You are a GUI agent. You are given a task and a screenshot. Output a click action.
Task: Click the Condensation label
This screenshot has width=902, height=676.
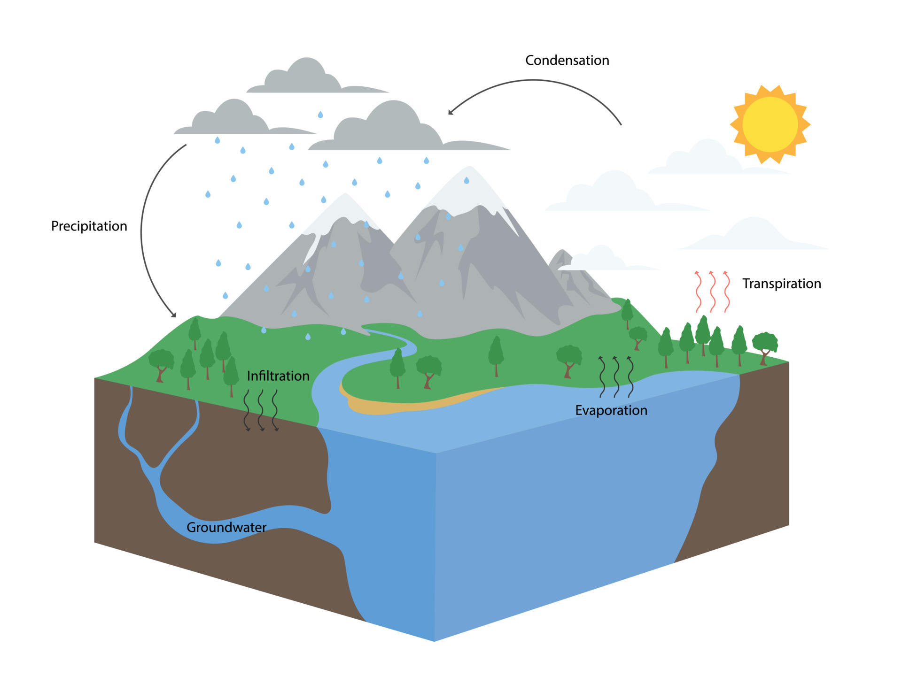[567, 61]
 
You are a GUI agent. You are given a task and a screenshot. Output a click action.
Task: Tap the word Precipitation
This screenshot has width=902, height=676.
[89, 226]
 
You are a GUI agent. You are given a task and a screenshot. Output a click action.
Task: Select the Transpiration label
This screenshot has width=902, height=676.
[781, 284]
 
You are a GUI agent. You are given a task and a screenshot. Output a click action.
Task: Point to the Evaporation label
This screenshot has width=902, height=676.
[611, 410]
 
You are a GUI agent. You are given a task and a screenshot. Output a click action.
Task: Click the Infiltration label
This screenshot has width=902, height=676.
[278, 376]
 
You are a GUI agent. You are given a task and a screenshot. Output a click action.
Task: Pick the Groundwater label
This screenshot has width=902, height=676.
[226, 527]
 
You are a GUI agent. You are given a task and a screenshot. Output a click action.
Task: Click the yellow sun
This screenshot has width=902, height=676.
[770, 124]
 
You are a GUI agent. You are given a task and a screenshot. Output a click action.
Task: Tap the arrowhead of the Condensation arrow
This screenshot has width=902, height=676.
[451, 112]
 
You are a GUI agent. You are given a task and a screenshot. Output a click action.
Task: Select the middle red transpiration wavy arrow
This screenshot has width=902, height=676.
[712, 292]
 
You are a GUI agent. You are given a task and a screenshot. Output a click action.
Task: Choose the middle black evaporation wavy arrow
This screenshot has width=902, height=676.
[616, 377]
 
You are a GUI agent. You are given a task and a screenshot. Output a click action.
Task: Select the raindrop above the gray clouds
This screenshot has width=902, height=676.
[320, 115]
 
